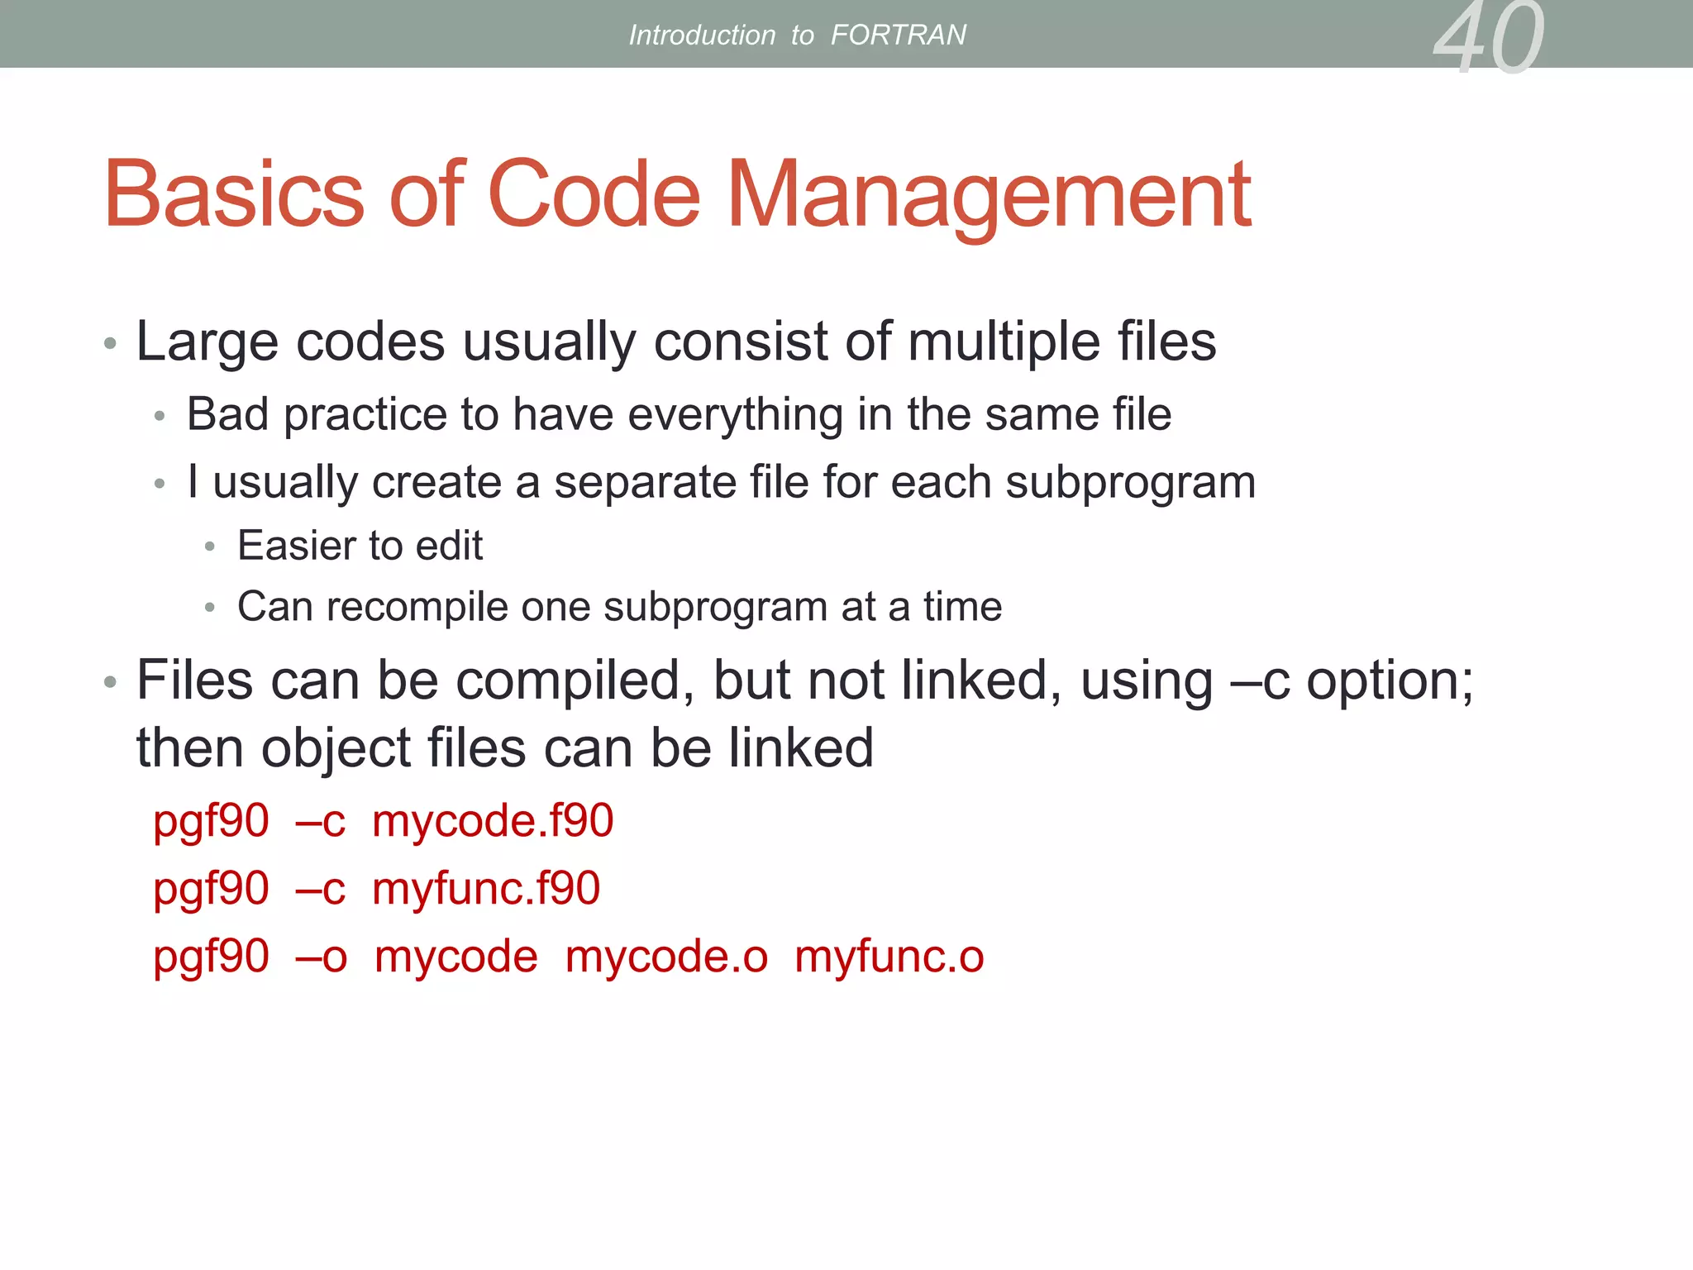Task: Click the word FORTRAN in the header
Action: pos(898,35)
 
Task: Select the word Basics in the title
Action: pos(234,195)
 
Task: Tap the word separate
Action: pos(644,482)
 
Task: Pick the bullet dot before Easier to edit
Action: pos(210,547)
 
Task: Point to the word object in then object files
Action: pos(335,749)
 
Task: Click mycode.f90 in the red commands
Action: pos(493,821)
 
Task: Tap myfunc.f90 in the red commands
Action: pos(486,889)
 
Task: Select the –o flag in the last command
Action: pos(322,957)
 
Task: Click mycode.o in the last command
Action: pos(666,957)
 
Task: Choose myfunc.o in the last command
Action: pos(889,957)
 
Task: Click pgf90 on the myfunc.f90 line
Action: pos(212,889)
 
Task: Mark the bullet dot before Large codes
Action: pos(110,343)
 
